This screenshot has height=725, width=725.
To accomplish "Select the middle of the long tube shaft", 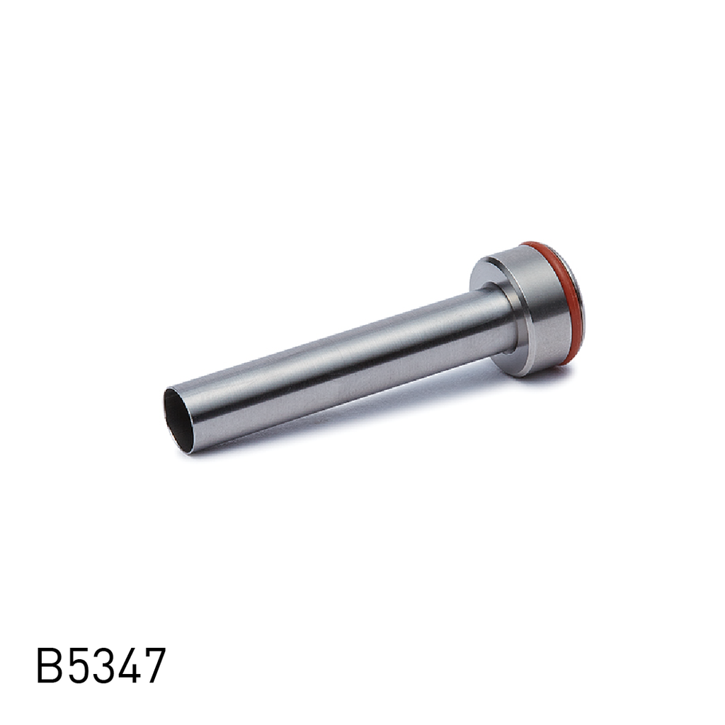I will click(x=340, y=368).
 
